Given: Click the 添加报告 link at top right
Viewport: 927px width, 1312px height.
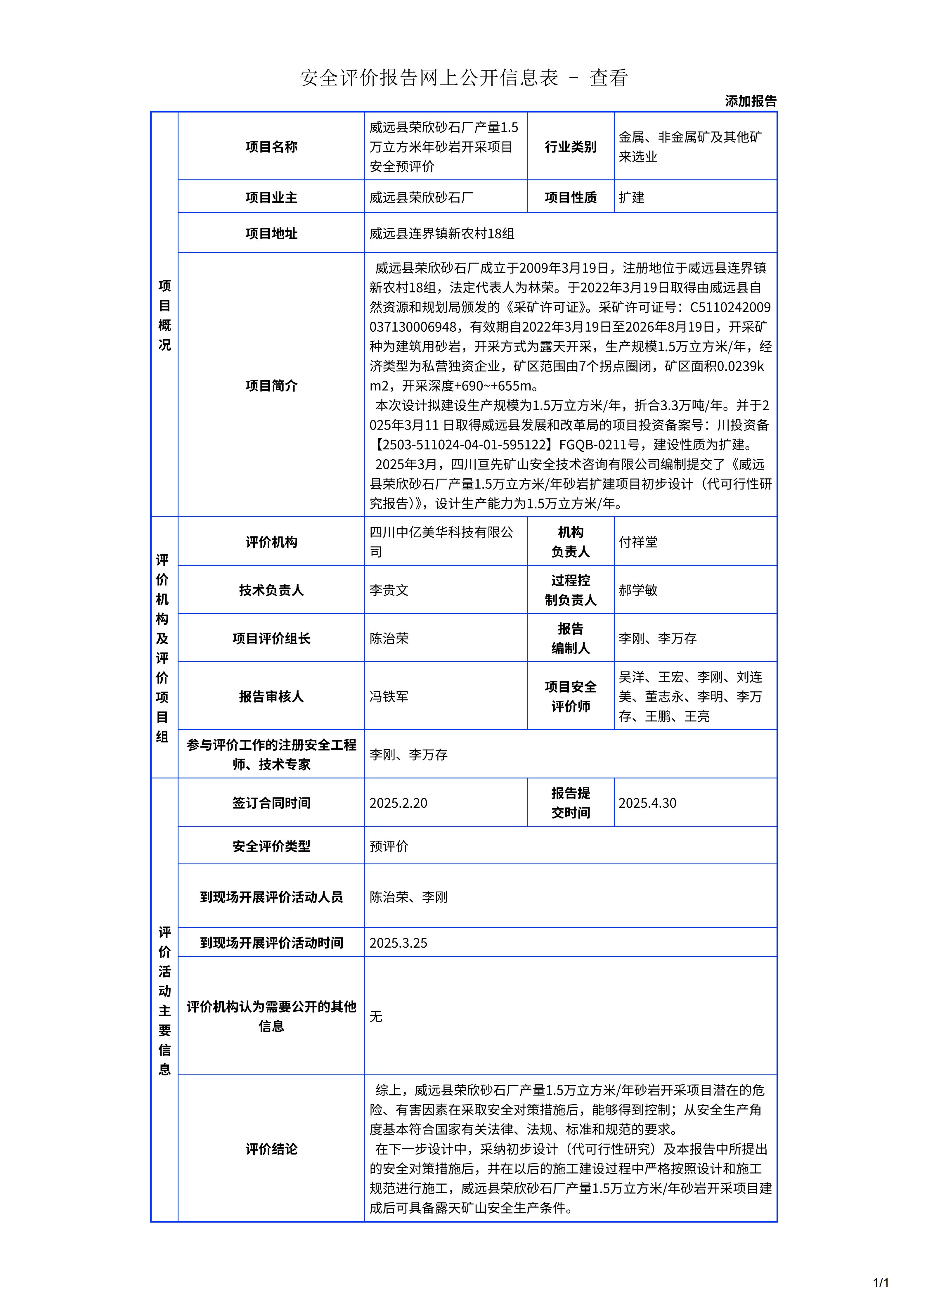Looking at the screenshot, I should [x=751, y=101].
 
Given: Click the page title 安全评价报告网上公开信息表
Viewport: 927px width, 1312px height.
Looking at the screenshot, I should [x=428, y=78].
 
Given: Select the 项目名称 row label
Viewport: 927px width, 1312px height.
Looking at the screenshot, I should [x=271, y=147].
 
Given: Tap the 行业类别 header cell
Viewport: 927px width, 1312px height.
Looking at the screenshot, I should [x=570, y=147].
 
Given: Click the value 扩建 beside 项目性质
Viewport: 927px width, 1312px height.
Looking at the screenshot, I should [x=631, y=198].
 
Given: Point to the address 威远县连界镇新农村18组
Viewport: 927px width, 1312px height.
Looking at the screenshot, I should [x=441, y=234].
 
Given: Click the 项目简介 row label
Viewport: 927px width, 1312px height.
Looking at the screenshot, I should [x=271, y=386].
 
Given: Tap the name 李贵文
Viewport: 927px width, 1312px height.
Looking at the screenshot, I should [x=389, y=590].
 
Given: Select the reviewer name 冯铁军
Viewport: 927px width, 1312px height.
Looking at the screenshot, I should [x=389, y=697].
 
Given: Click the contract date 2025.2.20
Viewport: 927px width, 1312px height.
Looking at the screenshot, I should [x=398, y=803].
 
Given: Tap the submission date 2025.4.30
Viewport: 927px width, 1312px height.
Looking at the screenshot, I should [x=647, y=803].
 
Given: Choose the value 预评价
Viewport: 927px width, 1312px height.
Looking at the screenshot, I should [x=389, y=846].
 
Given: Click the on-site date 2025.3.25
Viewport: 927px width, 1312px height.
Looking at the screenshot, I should [x=398, y=943].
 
